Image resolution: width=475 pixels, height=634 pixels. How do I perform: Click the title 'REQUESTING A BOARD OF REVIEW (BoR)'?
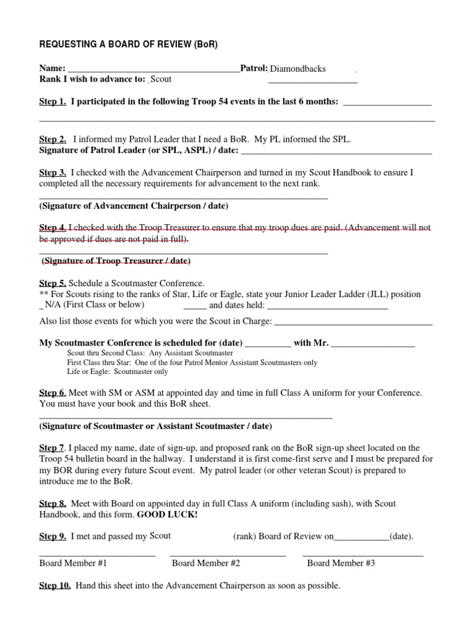click(x=128, y=45)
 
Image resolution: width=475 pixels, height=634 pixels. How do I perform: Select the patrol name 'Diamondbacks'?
click(x=297, y=69)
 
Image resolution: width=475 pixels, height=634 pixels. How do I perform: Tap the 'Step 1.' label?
click(x=53, y=102)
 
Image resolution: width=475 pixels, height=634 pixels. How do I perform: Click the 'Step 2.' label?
click(x=53, y=140)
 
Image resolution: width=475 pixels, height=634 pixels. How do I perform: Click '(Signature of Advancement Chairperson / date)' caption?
click(x=134, y=206)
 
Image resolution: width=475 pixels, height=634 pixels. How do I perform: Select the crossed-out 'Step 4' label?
click(x=53, y=228)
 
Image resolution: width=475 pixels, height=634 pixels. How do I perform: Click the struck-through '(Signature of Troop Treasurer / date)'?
click(x=116, y=261)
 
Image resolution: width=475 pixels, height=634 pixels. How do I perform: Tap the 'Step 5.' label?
click(x=53, y=283)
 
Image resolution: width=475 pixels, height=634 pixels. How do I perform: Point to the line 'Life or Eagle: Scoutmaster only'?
click(x=118, y=371)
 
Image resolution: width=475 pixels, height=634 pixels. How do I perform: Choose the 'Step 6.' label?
click(x=53, y=393)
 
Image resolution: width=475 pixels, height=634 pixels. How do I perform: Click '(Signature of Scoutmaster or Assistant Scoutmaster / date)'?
click(x=155, y=426)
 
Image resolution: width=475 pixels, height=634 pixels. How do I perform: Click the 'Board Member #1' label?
click(x=73, y=563)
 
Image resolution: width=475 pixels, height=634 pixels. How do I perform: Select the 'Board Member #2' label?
click(x=206, y=563)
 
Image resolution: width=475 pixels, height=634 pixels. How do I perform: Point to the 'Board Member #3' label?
click(x=341, y=563)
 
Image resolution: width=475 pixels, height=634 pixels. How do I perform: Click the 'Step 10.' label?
click(x=55, y=586)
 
